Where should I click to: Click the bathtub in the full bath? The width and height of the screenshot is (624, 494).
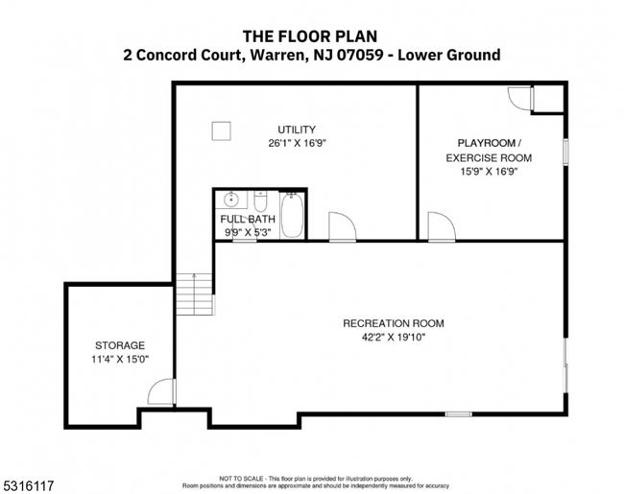point(292,215)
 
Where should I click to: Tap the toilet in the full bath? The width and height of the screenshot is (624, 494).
point(261,202)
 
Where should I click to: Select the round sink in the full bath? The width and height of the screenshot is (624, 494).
point(230,200)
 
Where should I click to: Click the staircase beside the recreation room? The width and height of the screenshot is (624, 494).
point(195,294)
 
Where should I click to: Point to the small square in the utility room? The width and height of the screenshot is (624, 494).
point(221,131)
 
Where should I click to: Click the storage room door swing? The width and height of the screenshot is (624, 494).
point(161,392)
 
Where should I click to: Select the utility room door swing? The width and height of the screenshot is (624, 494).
point(343,226)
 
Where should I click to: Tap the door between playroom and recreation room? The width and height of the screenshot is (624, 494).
point(442,226)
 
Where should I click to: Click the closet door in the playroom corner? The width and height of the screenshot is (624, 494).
point(520,99)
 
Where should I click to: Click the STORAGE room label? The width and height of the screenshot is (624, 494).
point(120,345)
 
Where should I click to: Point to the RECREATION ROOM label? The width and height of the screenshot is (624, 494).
point(394,323)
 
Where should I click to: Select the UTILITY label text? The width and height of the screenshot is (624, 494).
point(297,129)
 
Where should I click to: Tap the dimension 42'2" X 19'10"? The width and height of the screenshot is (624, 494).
point(394,338)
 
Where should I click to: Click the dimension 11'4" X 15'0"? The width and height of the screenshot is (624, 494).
point(120,359)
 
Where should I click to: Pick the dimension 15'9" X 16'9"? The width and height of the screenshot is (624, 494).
point(489,172)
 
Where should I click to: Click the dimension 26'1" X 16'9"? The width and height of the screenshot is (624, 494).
point(297,143)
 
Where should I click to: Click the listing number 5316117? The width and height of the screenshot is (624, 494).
point(28,485)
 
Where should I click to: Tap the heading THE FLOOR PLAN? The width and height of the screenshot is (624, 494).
point(310,36)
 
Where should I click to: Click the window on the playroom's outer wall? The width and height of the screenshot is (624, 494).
point(565,152)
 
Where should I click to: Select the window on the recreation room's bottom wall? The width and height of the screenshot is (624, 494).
point(459,414)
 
